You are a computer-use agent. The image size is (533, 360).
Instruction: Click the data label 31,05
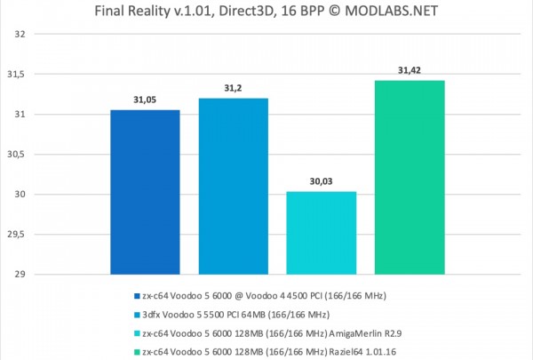pos(144,100)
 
